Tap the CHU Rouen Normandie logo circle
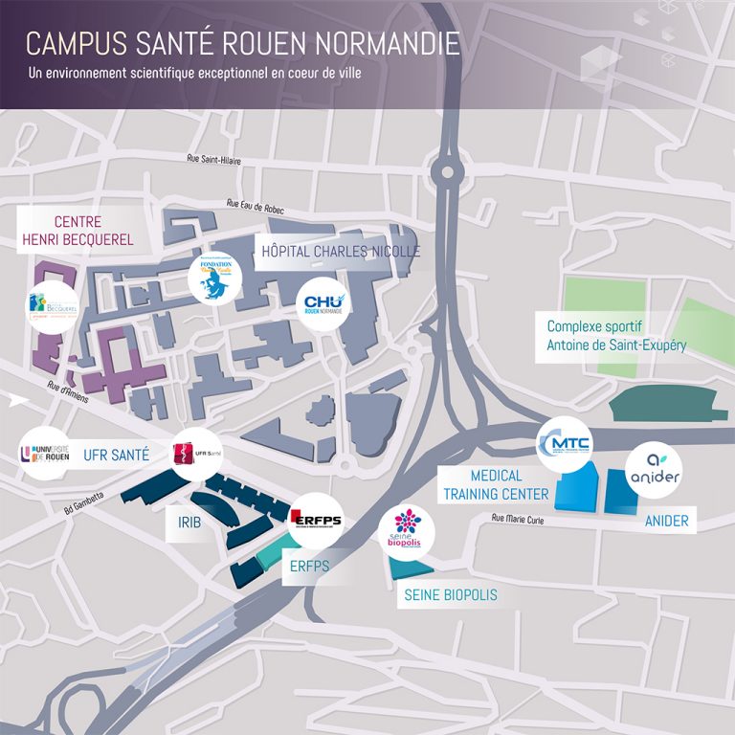pos(323,304)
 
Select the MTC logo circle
pos(565,444)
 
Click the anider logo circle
pos(653,470)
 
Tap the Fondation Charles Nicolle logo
pos(214,277)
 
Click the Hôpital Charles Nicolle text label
pos(341,252)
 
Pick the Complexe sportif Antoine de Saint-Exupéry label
pos(615,335)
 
